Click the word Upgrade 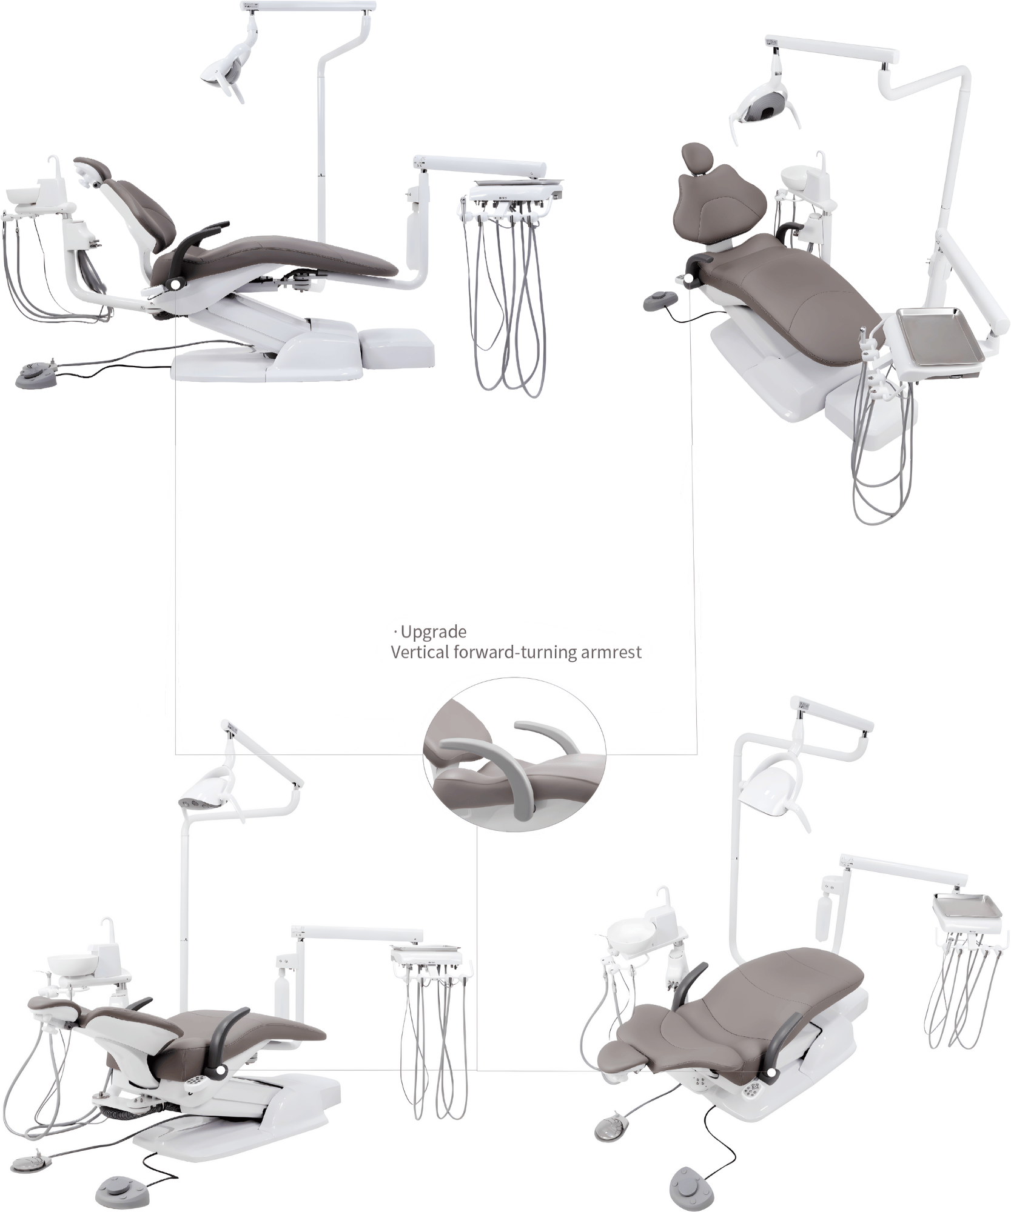point(434,632)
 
